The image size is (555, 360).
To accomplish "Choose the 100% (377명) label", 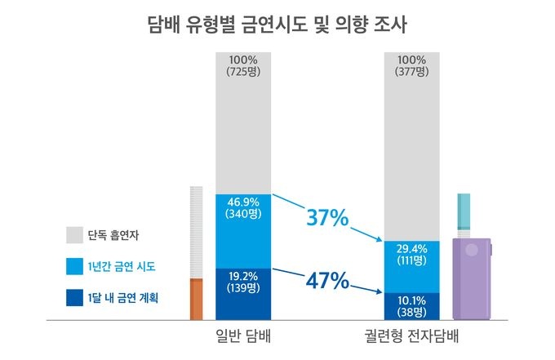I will tap(411, 66).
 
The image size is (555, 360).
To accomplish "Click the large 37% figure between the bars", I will tap(326, 218).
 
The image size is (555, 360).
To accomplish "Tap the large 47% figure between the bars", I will tap(326, 282).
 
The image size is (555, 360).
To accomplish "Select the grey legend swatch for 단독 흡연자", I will tap(74, 235).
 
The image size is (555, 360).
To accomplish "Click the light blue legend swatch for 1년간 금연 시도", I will tap(74, 267).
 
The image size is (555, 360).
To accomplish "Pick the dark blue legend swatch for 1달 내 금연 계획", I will tap(74, 298).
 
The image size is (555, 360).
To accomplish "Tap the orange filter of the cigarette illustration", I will tap(196, 300).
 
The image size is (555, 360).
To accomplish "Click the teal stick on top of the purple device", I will tap(464, 215).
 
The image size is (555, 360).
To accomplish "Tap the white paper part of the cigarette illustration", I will tap(196, 233).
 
